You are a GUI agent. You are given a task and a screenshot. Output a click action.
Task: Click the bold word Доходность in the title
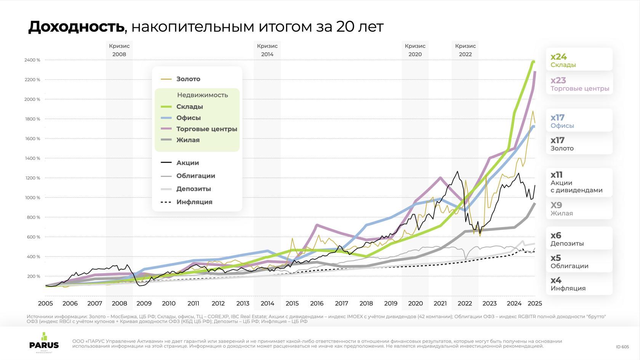point(76,27)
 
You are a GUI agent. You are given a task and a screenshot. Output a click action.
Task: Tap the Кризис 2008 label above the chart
point(119,50)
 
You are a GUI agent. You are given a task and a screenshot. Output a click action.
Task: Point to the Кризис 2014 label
point(267,50)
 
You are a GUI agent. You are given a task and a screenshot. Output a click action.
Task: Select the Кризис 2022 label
point(465,50)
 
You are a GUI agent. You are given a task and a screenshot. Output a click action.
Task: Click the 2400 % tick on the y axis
point(32,60)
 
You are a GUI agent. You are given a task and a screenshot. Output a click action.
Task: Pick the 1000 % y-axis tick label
point(32,198)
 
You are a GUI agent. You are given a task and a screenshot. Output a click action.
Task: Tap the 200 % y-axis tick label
point(34,276)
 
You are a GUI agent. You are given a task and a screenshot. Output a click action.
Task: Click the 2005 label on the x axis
point(45,304)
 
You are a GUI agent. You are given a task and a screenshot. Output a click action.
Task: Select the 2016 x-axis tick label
point(317,304)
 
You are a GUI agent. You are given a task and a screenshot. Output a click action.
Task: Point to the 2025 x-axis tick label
point(535,304)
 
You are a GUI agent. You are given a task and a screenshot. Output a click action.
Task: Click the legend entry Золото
point(188,79)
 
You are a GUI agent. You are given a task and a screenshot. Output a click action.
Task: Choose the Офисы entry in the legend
point(188,118)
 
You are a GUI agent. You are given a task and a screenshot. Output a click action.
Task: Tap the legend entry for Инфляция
point(194,202)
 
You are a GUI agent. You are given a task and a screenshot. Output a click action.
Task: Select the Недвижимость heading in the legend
point(202,95)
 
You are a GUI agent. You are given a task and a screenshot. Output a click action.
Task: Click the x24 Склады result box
point(579,60)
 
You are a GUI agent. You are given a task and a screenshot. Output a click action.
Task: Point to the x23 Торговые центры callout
point(579,84)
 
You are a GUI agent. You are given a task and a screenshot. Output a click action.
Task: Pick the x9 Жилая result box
point(579,209)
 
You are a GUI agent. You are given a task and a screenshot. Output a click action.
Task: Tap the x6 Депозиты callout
point(579,238)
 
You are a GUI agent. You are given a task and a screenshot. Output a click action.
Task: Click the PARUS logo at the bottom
point(44,342)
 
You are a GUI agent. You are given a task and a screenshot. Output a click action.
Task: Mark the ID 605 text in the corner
point(622,347)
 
